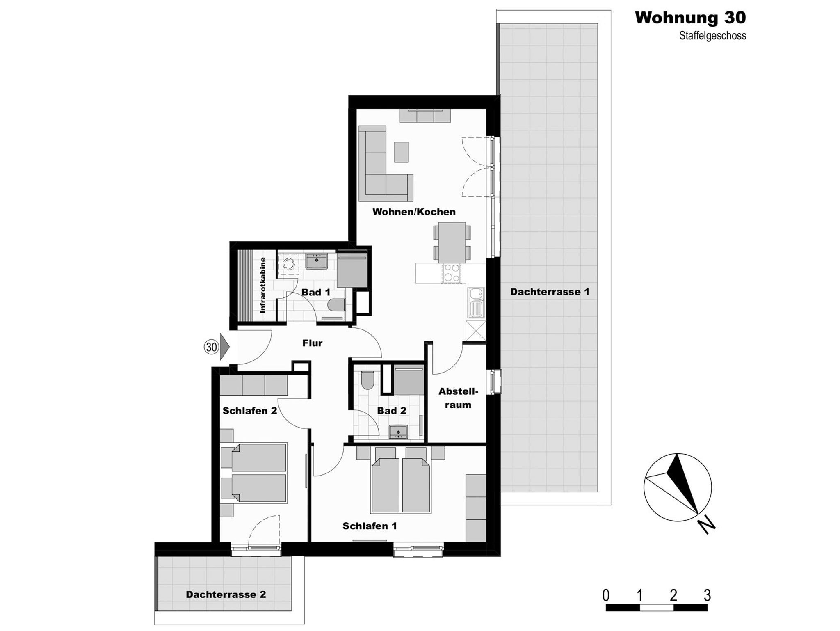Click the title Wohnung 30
pos(690,18)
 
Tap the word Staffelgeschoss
pos(712,36)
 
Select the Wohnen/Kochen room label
pos(414,212)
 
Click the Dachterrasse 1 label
pos(550,292)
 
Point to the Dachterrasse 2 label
pos(226,594)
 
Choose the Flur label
pos(312,343)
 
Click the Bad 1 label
pos(316,293)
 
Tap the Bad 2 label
pos(392,411)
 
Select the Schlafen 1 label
pos(370,526)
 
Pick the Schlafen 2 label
pos(249,411)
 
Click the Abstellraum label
pos(458,398)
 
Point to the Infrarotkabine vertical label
pos(262,285)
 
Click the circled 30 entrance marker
pos(211,347)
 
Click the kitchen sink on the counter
pos(476,302)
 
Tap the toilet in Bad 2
pos(367,380)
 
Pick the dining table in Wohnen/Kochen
pos(452,242)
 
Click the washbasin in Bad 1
pos(317,261)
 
